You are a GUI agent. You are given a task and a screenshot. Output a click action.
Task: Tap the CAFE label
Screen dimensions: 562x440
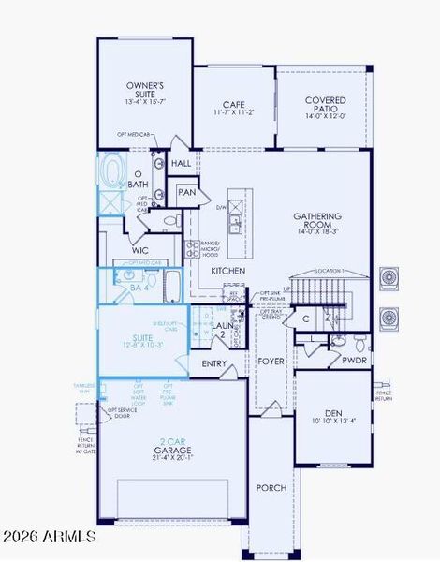tap(233, 105)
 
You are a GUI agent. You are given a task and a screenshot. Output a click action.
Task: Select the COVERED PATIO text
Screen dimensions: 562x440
tap(324, 105)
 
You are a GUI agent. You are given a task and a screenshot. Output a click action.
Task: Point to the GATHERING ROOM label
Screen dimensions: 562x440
tap(318, 220)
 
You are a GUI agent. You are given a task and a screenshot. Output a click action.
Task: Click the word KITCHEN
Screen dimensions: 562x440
tap(227, 271)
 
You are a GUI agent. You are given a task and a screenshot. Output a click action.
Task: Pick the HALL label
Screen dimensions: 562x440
tap(182, 163)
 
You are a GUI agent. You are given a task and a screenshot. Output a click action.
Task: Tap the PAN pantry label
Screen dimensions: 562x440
tap(187, 192)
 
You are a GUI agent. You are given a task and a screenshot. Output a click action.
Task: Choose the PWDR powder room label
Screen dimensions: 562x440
tap(354, 360)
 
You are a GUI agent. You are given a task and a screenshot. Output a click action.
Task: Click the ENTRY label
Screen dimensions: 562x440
tap(214, 363)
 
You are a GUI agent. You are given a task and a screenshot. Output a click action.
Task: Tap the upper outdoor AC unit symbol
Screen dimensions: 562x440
tap(389, 279)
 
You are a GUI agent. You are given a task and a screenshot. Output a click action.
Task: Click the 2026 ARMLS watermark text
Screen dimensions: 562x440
tap(49, 537)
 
